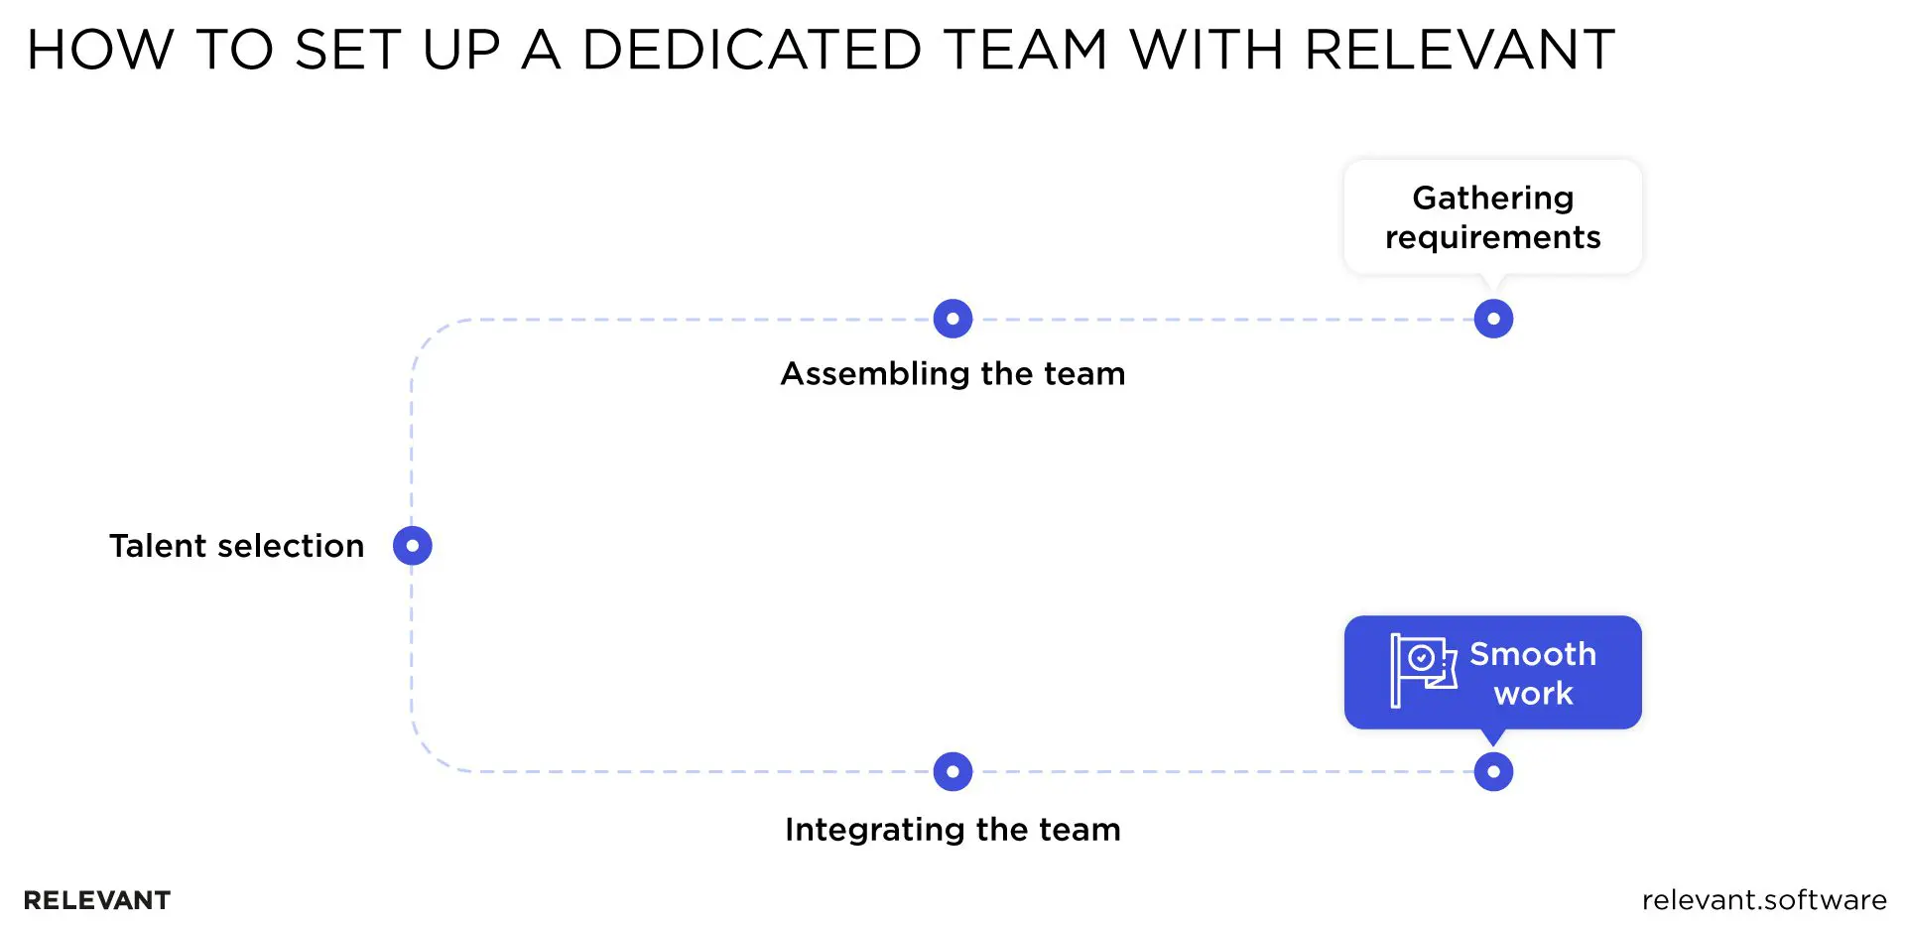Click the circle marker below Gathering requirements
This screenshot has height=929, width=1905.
1493,319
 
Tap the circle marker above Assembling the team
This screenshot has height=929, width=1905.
952,319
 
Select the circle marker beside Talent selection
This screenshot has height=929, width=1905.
412,545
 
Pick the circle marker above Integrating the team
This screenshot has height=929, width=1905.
952,771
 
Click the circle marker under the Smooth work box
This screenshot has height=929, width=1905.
1493,771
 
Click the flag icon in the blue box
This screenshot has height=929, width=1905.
1422,671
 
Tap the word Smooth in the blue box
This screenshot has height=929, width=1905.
1532,654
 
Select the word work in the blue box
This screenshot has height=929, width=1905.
1533,693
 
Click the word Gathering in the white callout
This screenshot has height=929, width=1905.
1492,199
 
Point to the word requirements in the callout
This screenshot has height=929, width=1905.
1492,238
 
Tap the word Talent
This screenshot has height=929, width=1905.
158,546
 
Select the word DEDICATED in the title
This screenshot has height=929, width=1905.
752,50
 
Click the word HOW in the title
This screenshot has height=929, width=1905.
99,50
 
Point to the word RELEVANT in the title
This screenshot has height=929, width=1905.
1459,50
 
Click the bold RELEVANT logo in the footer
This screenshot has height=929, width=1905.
97,900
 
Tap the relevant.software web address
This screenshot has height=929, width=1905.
1763,900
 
